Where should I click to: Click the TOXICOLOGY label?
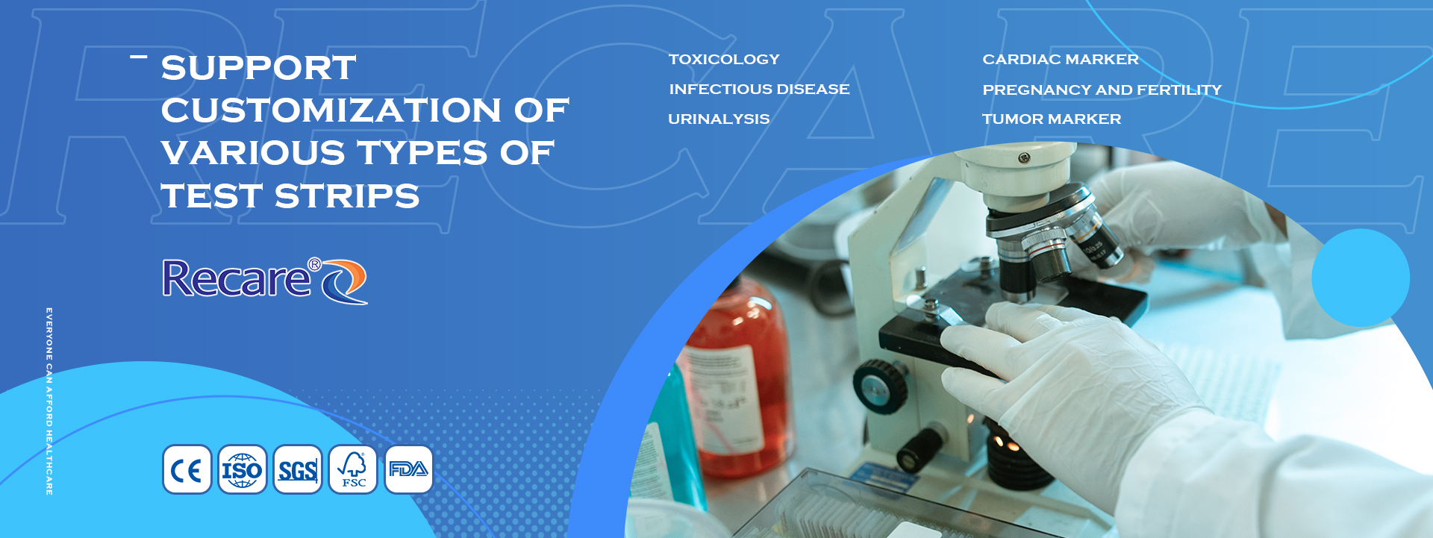click(724, 59)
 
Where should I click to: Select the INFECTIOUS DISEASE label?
click(759, 89)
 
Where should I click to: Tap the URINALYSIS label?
click(719, 119)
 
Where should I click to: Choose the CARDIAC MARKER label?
click(1061, 59)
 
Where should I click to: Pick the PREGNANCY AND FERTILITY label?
click(1102, 90)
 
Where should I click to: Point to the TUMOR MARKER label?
click(1052, 119)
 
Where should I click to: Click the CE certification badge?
click(187, 470)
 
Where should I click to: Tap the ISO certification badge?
click(243, 470)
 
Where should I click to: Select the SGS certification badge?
click(298, 470)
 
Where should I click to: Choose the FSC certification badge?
click(353, 470)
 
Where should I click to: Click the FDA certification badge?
click(408, 470)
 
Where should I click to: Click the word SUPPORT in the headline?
click(258, 68)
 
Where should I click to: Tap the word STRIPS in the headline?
click(347, 196)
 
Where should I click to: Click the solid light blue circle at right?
click(1361, 278)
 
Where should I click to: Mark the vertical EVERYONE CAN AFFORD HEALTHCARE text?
click(49, 401)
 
